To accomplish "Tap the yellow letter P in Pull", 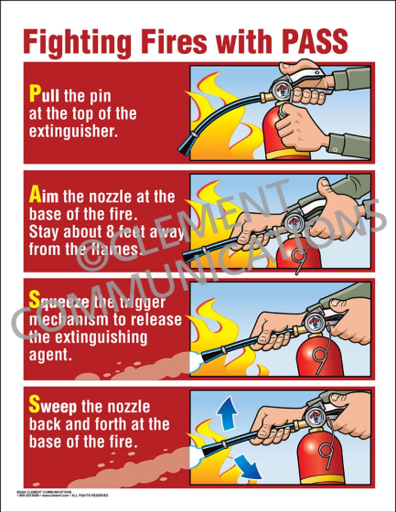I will [x=35, y=93].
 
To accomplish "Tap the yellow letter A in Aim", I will [x=36, y=194].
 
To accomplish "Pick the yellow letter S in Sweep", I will [x=35, y=403].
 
